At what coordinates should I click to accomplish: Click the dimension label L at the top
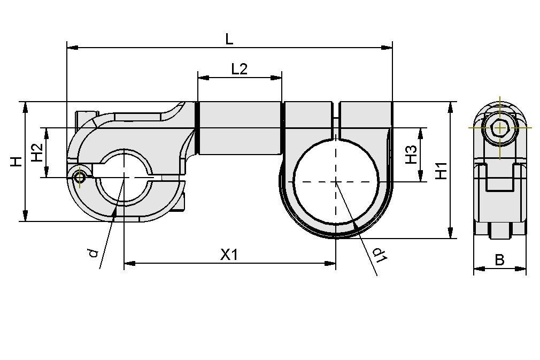[x=229, y=39]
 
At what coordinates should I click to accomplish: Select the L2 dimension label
[x=239, y=69]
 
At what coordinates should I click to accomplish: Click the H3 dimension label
[x=411, y=155]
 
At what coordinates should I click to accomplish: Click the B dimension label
[x=499, y=260]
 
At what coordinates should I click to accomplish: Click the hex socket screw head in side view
[x=499, y=128]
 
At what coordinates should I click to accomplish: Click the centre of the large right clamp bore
[x=336, y=181]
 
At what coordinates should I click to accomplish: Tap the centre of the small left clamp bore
[x=124, y=177]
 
